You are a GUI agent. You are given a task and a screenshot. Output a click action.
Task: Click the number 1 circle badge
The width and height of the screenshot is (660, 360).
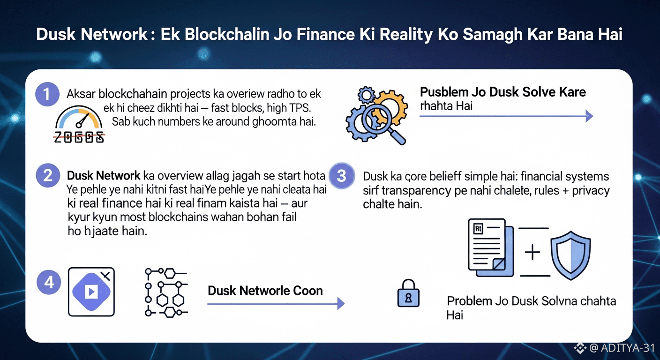click(x=47, y=94)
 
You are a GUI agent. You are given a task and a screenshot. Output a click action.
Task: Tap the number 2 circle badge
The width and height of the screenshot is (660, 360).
click(x=47, y=176)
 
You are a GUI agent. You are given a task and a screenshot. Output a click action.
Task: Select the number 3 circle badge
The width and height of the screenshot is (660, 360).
click(x=342, y=176)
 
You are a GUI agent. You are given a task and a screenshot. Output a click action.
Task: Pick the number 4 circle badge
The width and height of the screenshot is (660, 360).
click(x=48, y=283)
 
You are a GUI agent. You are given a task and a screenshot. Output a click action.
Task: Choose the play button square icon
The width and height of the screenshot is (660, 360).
click(x=91, y=292)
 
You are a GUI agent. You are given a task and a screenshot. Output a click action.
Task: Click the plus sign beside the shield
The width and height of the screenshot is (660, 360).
click(x=532, y=253)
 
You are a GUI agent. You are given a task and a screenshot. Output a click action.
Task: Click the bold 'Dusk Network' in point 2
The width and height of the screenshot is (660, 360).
click(x=104, y=176)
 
